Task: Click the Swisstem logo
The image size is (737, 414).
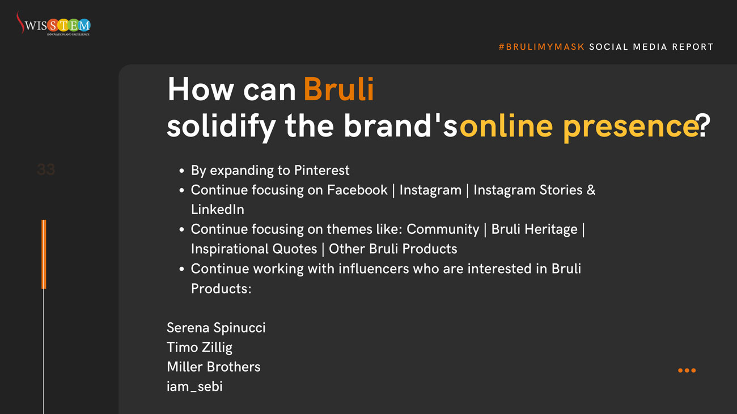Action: (53, 24)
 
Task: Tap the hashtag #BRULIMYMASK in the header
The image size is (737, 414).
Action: (541, 47)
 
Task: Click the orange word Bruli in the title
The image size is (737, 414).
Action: (338, 89)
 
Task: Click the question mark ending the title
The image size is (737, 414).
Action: (704, 126)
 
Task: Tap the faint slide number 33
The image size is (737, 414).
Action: (46, 169)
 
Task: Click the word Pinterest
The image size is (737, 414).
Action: (321, 170)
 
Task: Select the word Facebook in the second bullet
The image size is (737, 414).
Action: (357, 190)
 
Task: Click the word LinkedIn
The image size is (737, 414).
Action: (218, 210)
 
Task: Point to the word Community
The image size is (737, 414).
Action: (443, 229)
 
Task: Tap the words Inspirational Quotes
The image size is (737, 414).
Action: (253, 249)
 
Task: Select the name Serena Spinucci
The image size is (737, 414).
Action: (216, 328)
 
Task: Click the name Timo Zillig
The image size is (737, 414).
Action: (200, 348)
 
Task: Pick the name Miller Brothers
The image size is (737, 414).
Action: (214, 366)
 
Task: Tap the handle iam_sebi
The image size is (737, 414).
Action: (194, 386)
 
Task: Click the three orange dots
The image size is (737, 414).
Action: (687, 370)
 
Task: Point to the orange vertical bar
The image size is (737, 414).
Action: (44, 254)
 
